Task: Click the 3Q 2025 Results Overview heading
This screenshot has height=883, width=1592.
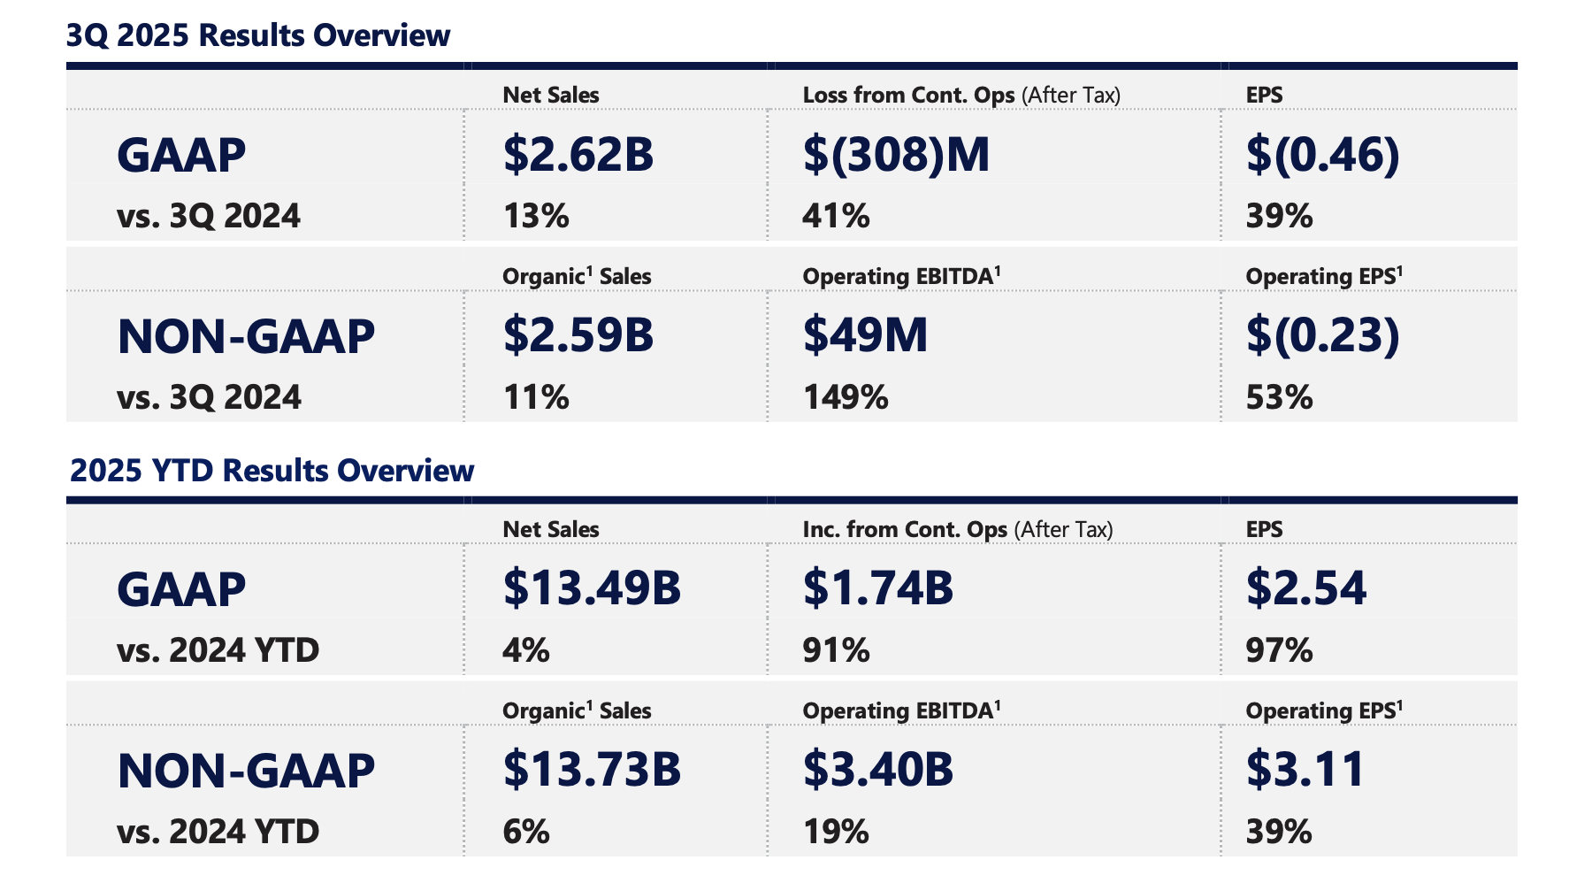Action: click(x=258, y=35)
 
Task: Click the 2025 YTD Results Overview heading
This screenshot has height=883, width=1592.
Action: click(x=272, y=471)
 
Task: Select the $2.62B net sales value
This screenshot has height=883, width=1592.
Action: click(x=578, y=154)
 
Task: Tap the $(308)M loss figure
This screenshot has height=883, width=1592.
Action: click(x=896, y=154)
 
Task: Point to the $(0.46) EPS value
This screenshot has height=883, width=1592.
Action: click(x=1322, y=154)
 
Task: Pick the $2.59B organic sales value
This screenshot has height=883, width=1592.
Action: click(x=578, y=335)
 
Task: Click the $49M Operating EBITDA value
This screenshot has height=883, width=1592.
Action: click(x=865, y=335)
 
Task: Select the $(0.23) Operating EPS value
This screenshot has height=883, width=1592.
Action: click(x=1322, y=335)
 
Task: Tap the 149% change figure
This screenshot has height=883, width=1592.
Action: click(x=846, y=397)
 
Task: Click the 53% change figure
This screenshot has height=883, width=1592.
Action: click(x=1279, y=397)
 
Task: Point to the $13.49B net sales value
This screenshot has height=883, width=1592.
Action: click(x=592, y=588)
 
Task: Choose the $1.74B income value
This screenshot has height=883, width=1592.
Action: click(x=878, y=588)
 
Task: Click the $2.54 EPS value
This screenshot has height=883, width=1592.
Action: click(x=1306, y=588)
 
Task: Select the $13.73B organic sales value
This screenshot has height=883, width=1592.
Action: click(x=592, y=770)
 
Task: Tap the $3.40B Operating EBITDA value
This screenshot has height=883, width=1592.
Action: click(x=878, y=770)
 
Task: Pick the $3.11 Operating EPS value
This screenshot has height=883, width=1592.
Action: click(x=1306, y=770)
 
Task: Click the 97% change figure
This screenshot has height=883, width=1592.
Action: click(x=1279, y=651)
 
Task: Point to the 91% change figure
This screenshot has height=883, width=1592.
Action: click(x=836, y=651)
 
